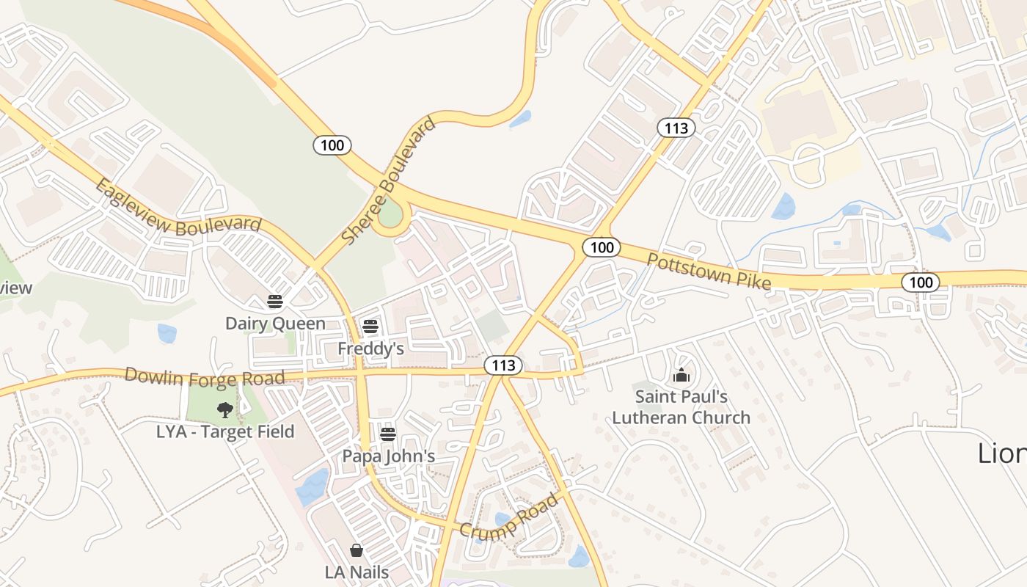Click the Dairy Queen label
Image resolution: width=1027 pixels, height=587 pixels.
click(275, 324)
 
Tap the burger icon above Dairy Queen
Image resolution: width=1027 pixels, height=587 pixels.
click(275, 302)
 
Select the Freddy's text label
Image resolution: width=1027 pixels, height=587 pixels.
click(370, 349)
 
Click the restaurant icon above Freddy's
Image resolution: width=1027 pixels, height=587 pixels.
click(370, 327)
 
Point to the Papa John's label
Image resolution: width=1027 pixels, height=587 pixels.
click(389, 456)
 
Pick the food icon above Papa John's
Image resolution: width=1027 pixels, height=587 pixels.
click(388, 434)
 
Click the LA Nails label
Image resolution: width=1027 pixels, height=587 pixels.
click(357, 572)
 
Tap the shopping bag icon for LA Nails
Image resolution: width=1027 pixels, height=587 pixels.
click(357, 550)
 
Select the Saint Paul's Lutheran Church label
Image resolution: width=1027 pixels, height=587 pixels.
click(681, 407)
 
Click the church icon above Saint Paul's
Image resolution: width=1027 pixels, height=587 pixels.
click(681, 376)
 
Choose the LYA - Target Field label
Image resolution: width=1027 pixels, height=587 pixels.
click(225, 431)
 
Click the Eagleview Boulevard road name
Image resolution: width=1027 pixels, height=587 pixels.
click(178, 208)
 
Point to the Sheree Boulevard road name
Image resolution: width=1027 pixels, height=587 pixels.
click(389, 181)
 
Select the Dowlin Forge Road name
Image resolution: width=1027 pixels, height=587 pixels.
click(204, 377)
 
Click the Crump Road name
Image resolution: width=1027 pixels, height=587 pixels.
click(509, 518)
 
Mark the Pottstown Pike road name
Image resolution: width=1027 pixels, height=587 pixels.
click(709, 271)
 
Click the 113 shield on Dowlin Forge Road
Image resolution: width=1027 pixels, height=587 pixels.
click(503, 365)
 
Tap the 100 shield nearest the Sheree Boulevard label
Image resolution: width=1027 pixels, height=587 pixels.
click(332, 145)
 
